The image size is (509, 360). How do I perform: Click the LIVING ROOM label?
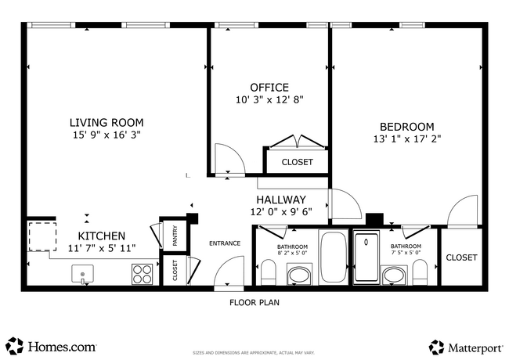pos(106,122)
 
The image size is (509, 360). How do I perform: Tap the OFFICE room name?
pos(269,88)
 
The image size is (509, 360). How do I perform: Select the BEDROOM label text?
pos(406,127)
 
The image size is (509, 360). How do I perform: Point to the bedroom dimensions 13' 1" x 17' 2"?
pos(406,140)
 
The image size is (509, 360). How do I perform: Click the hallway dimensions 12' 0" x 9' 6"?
pos(281,211)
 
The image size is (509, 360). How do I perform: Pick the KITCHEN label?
pos(101,236)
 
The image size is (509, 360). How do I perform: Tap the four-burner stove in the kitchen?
pos(142,274)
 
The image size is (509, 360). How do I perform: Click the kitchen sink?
pos(83,274)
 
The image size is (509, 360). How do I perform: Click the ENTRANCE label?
pos(224,243)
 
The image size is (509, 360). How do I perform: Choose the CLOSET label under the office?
pos(297,162)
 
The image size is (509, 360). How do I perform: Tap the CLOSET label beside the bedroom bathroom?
pos(461,257)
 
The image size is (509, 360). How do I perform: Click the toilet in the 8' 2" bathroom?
pos(268,272)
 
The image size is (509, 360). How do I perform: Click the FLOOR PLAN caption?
pos(254,302)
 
